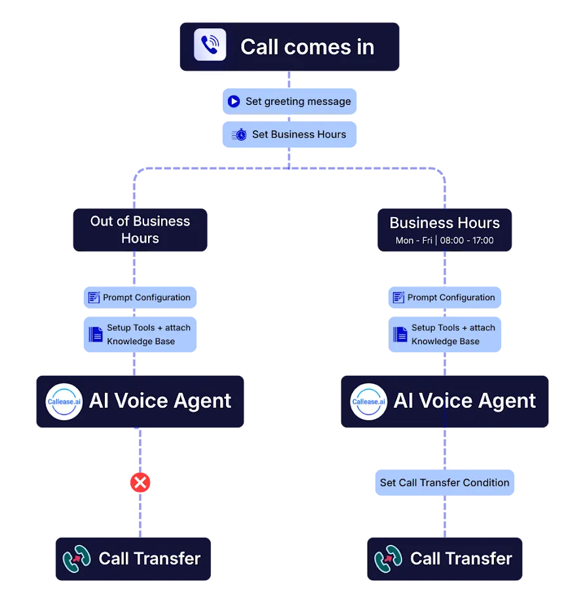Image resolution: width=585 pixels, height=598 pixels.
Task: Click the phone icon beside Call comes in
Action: (210, 45)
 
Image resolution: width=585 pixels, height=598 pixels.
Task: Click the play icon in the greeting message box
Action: (234, 102)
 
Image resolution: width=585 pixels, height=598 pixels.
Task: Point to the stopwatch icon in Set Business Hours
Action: (240, 134)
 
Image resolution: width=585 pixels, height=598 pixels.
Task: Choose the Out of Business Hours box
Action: (140, 229)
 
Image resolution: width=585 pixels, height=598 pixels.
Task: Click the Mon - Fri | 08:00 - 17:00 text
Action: (445, 241)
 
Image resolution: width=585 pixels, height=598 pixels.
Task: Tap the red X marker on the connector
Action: (140, 483)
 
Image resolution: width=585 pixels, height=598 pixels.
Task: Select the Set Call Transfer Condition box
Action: (445, 483)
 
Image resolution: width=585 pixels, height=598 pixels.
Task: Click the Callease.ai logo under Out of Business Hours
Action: (64, 401)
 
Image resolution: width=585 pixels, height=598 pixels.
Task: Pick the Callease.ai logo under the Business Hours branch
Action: (368, 401)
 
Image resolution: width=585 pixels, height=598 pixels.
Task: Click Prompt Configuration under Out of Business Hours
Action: (140, 298)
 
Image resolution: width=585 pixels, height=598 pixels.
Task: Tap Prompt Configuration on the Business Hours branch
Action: (444, 298)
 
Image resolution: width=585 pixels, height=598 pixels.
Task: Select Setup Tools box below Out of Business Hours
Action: (140, 334)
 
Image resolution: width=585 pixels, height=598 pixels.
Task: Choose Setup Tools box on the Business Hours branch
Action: (444, 334)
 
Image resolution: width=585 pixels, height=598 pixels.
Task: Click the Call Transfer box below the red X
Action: (134, 559)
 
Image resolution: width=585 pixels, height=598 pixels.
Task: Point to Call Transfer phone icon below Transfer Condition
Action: (388, 559)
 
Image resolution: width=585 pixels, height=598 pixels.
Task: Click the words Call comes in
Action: (307, 47)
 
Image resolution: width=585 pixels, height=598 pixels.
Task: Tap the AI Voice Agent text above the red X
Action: (160, 401)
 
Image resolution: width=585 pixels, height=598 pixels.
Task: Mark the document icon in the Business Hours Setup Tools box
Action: (400, 334)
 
